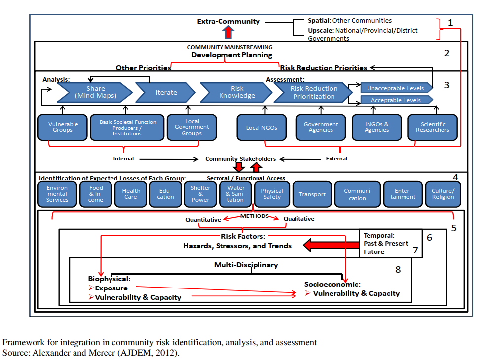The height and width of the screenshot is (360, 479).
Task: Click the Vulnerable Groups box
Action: [x=63, y=127]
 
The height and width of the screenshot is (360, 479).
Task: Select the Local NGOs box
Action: [x=261, y=128]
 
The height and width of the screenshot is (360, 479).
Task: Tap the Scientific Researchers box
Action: [x=432, y=127]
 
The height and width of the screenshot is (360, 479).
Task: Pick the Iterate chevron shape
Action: [x=165, y=92]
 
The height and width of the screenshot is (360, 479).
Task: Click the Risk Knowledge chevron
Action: [x=236, y=92]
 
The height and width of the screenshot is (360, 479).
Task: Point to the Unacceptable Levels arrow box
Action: [x=396, y=88]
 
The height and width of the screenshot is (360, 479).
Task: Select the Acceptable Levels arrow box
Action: [x=396, y=100]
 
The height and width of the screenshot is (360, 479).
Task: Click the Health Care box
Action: [x=131, y=194]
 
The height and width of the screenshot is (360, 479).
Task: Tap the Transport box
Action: [x=312, y=194]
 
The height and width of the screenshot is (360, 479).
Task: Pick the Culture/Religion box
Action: [x=442, y=194]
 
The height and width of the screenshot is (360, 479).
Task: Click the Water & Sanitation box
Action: [x=235, y=194]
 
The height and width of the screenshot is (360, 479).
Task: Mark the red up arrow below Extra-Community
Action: [x=228, y=32]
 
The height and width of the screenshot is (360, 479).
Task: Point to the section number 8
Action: [x=398, y=269]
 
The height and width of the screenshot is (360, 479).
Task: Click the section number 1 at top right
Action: [x=450, y=23]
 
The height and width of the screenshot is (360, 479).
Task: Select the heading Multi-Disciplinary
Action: [x=246, y=265]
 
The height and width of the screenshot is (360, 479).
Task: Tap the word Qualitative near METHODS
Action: [x=298, y=219]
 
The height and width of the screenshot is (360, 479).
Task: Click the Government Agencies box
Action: [x=321, y=127]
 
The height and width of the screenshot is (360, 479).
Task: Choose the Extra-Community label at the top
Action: [x=228, y=21]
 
